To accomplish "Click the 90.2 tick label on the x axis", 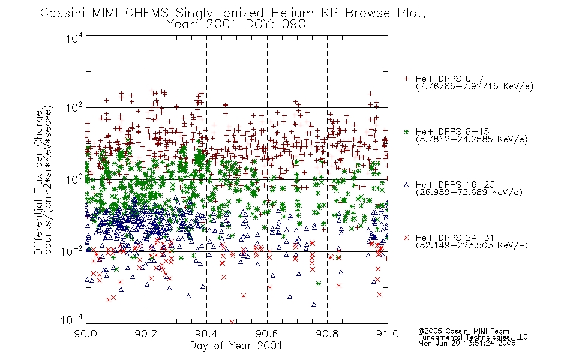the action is click(146, 334).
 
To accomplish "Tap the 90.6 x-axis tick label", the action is click(267, 334).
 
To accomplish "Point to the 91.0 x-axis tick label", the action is click(388, 334).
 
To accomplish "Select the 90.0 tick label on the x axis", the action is click(86, 334).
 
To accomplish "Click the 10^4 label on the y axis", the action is click(74, 38).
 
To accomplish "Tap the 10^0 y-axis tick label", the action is click(74, 179).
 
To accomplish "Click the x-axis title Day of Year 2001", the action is click(236, 346).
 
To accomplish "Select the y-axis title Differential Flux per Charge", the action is click(38, 182).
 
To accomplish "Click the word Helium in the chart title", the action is click(292, 13).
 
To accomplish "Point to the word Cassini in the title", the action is click(62, 13).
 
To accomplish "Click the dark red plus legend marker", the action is click(406, 79).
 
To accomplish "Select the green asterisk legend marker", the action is click(406, 131).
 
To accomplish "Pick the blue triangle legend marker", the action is click(406, 185).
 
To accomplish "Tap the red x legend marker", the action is click(406, 238).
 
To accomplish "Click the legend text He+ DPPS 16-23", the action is click(455, 185).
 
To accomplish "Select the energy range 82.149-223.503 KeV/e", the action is click(472, 245).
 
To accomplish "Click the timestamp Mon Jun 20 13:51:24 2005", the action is click(467, 343).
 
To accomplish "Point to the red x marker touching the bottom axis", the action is click(232, 322).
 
